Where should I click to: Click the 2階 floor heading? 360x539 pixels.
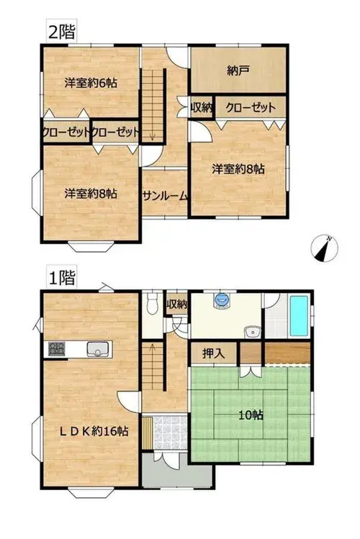61,32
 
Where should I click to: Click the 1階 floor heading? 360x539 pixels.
61,277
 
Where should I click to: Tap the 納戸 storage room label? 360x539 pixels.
238,71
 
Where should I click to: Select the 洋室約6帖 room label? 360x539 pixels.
91,83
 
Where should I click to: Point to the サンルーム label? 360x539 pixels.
165,196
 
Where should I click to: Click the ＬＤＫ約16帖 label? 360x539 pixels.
94,431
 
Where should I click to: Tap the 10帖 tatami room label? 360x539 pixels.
251,415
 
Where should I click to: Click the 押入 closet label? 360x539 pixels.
214,353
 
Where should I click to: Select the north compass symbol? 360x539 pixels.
324,248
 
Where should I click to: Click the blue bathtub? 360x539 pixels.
299,316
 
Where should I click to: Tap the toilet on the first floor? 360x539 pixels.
151,303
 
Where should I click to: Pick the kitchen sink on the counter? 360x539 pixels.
98,349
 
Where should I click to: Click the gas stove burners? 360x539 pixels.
56,349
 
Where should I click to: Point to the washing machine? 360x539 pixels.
222,300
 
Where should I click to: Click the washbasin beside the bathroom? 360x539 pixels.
253,332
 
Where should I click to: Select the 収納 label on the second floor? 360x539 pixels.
202,108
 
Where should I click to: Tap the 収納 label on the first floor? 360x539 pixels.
176,304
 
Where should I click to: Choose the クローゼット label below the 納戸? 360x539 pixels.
251,108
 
